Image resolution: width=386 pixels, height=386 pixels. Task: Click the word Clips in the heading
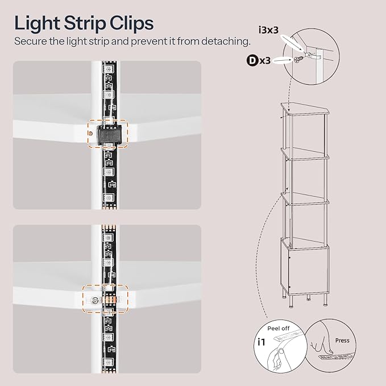(x=131, y=24)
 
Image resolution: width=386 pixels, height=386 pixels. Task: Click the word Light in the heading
(x=37, y=24)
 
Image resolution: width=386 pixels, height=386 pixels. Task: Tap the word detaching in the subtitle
(x=225, y=41)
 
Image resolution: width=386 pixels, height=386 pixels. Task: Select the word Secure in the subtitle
(x=30, y=41)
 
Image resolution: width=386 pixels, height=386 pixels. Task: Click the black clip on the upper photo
(x=109, y=134)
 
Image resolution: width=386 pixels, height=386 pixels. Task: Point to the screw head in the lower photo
(x=94, y=300)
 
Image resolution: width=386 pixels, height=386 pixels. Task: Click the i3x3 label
(x=268, y=30)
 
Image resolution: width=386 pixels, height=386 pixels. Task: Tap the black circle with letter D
(x=252, y=61)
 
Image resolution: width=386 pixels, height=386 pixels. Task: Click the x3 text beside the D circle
(x=265, y=61)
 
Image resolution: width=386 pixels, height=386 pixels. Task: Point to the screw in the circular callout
(x=298, y=59)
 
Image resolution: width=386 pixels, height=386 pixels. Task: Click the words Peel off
(x=279, y=329)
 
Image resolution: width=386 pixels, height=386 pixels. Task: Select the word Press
(x=342, y=341)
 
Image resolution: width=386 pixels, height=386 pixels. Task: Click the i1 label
(x=261, y=342)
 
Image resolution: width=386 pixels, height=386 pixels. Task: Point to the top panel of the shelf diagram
(x=305, y=109)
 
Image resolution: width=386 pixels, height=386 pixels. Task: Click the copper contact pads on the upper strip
(x=110, y=208)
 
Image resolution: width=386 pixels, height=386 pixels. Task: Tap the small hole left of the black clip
(x=90, y=133)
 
